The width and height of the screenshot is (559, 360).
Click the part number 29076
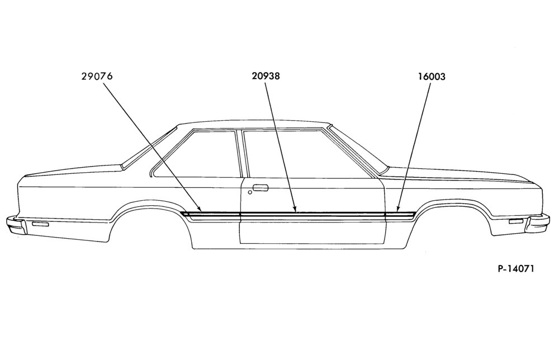tap(97, 76)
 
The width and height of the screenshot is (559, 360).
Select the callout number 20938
tap(266, 76)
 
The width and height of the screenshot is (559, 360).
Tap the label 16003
tap(432, 77)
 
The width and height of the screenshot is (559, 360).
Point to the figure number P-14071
tap(516, 268)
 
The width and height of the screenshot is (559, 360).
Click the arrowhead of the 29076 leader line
tap(201, 210)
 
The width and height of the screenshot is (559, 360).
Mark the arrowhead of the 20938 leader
tap(295, 209)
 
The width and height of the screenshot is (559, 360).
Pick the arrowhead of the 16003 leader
tap(397, 209)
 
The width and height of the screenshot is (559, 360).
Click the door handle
tap(260, 188)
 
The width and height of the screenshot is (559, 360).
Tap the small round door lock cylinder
tap(250, 192)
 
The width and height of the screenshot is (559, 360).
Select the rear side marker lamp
tap(40, 224)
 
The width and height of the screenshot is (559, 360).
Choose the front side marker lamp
tap(515, 222)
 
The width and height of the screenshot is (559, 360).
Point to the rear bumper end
tap(16, 225)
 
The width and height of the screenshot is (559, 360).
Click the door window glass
tap(306, 153)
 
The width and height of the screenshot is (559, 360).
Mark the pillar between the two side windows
tap(240, 153)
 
